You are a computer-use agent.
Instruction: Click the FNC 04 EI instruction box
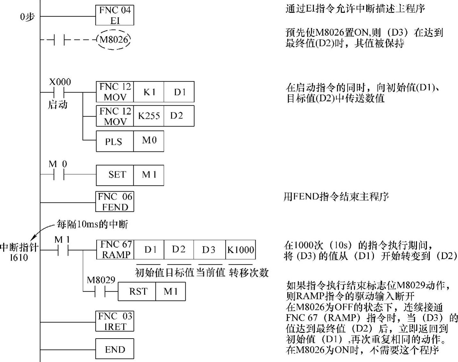[115, 15]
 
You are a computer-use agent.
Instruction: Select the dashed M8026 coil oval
[114, 40]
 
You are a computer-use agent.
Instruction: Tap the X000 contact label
[60, 82]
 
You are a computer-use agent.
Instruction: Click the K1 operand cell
[149, 92]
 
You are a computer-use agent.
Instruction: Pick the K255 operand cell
[149, 116]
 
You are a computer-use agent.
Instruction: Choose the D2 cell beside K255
[179, 116]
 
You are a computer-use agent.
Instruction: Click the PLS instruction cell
[115, 141]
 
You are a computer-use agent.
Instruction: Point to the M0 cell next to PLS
[148, 141]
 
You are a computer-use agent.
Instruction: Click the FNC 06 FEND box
[115, 202]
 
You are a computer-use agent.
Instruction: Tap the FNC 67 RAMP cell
[115, 250]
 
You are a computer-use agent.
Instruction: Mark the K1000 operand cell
[241, 250]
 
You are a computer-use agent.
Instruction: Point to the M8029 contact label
[101, 280]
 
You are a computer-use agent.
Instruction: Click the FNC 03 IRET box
[115, 321]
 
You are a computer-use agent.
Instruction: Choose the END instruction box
[115, 349]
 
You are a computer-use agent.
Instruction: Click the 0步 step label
[27, 16]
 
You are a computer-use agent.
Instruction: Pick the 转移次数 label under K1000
[249, 272]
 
